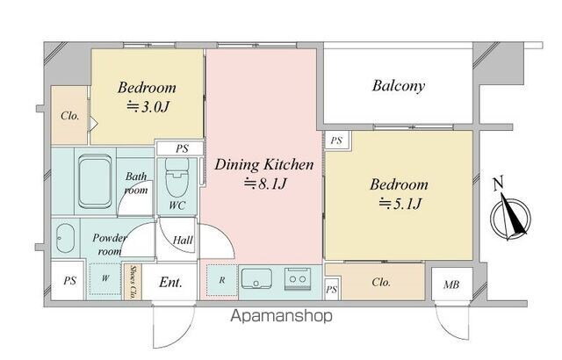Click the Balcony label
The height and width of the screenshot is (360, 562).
tap(399, 86)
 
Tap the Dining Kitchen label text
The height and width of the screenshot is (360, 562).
tap(264, 165)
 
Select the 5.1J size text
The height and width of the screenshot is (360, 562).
tap(400, 204)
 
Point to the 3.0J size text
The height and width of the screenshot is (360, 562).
tap(148, 107)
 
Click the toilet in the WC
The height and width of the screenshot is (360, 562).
tap(177, 177)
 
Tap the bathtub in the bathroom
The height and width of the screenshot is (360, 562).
tap(95, 181)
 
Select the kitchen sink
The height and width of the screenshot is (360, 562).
tap(256, 278)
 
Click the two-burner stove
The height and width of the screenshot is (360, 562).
tap(298, 278)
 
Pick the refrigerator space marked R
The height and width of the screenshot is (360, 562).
tap(222, 280)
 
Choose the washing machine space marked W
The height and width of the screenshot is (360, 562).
tap(105, 278)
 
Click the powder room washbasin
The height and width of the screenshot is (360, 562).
tap(65, 238)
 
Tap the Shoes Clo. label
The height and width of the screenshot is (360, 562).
tap(133, 282)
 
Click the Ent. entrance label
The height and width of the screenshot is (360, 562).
tap(170, 282)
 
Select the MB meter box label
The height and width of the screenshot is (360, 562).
tap(451, 284)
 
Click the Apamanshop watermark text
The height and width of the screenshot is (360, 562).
tap(281, 316)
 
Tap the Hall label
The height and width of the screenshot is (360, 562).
tap(183, 240)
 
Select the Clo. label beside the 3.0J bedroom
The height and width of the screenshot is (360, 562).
tap(70, 116)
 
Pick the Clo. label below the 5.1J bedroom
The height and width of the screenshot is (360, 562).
tap(381, 282)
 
